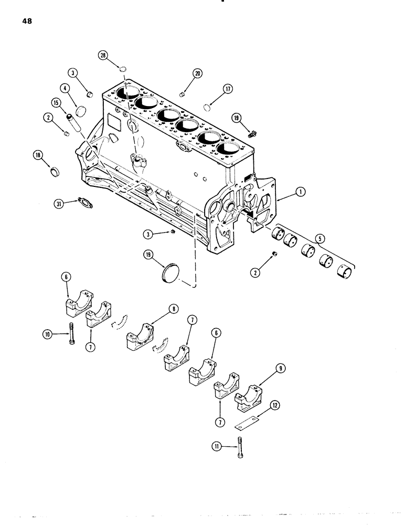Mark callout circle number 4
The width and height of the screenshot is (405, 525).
[65, 89]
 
